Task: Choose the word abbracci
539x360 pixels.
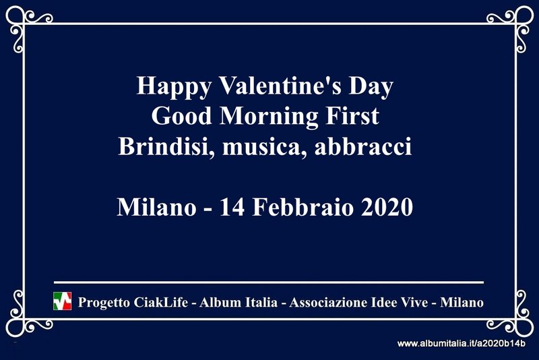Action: pos(363,146)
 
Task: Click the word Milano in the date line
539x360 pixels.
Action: pos(157,207)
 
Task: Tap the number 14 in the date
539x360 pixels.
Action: pos(232,207)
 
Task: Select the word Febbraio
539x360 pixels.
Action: pos(303,207)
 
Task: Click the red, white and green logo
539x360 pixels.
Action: pos(62,301)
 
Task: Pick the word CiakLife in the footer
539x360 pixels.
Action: pos(160,302)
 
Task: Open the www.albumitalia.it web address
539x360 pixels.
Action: pos(461,343)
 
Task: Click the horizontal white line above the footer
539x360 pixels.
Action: pos(269,282)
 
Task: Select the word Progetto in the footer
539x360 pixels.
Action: pos(104,303)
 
